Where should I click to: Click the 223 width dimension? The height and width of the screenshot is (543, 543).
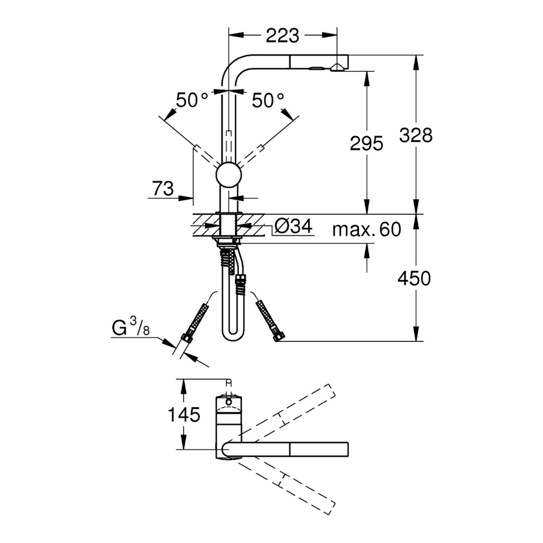(x=282, y=35)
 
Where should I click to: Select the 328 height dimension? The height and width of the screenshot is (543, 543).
(x=416, y=135)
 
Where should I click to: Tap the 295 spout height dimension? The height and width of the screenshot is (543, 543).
(x=366, y=143)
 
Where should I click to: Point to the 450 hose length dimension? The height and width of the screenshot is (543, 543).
(x=414, y=278)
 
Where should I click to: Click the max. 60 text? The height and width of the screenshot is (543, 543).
(x=367, y=229)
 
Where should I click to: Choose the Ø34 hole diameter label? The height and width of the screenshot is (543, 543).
(x=294, y=227)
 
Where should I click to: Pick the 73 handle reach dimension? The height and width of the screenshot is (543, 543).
(x=163, y=189)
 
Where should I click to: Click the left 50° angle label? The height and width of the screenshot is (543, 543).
(x=192, y=100)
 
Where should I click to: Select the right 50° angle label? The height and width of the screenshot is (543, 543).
(x=268, y=100)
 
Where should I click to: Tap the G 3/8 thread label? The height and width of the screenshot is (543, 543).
(x=131, y=327)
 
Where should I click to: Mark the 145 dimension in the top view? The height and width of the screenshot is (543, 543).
(x=184, y=415)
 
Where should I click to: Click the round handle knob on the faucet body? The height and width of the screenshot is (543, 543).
(x=229, y=175)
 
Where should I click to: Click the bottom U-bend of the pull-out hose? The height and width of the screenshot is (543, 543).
(x=233, y=333)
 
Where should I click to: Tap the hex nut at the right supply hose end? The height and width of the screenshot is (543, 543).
(x=280, y=337)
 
